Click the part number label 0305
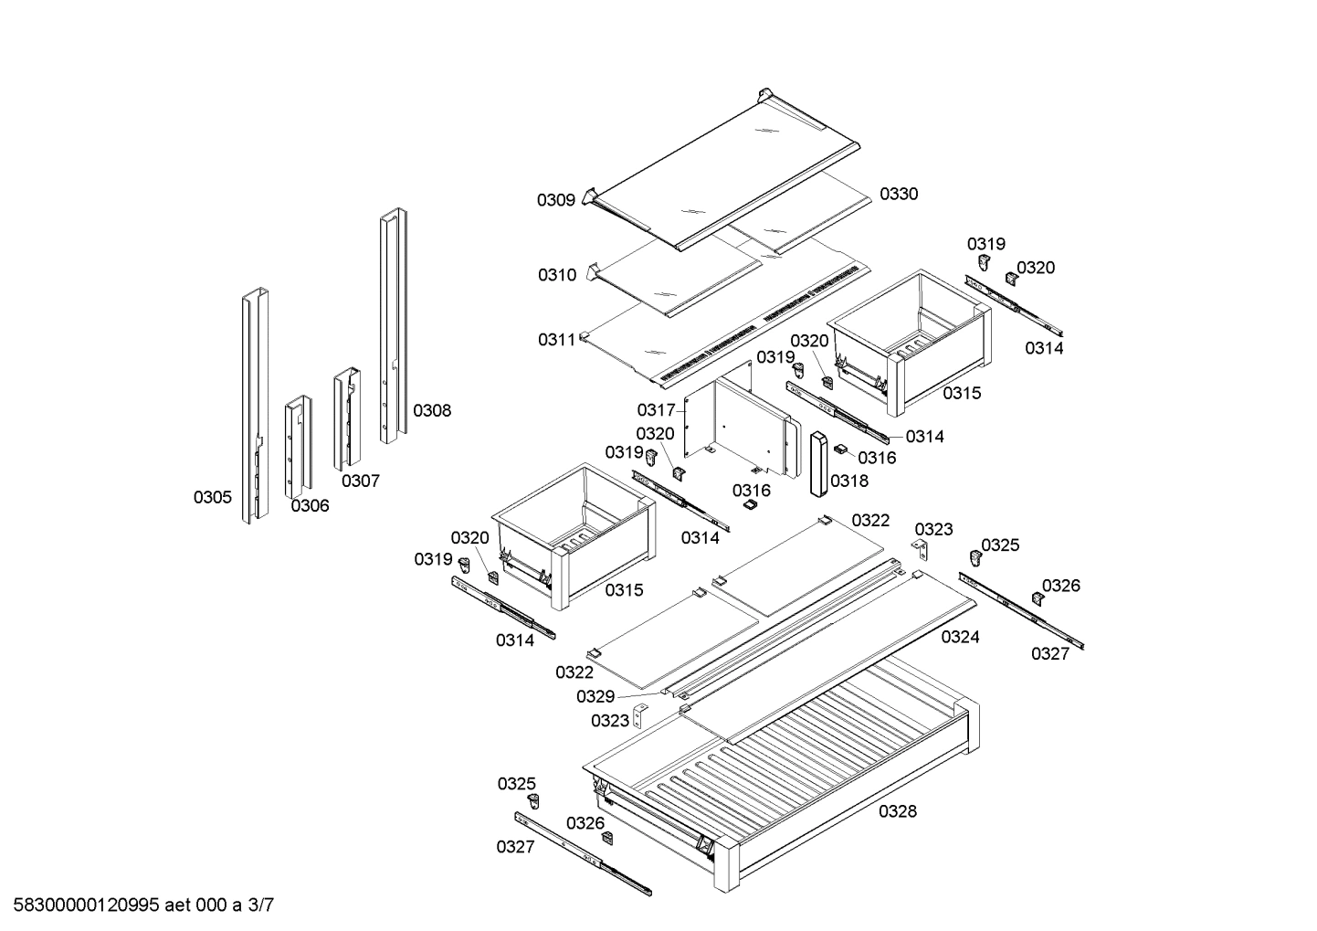(212, 497)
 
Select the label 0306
(310, 506)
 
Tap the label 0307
(361, 481)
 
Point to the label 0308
(431, 410)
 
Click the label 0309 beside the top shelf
(555, 200)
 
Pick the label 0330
(899, 194)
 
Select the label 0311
(556, 340)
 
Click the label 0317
(656, 410)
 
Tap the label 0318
(849, 481)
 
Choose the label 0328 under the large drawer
(898, 811)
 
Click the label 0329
(595, 697)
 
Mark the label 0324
(960, 637)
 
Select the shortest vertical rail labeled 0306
(298, 447)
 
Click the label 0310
(556, 275)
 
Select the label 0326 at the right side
(1060, 586)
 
